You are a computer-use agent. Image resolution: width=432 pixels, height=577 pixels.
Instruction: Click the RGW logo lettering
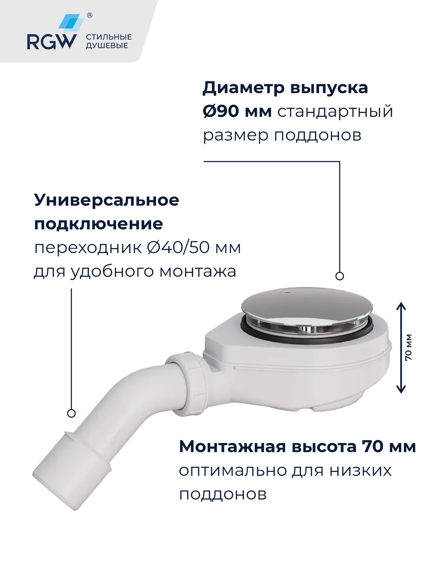coord(52,42)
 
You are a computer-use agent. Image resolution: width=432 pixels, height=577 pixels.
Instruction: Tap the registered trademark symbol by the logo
coord(90,16)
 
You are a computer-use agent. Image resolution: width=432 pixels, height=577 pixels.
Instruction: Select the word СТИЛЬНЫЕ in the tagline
coord(109,37)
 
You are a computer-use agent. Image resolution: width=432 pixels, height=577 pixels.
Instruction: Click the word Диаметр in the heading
coord(243,88)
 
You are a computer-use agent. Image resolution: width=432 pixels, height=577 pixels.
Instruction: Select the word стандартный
coord(335,111)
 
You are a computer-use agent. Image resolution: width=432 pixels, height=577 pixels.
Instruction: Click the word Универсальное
coord(107,200)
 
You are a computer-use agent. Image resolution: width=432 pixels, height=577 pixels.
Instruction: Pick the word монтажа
coord(198,271)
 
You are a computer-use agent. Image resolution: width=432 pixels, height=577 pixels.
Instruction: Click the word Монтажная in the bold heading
coord(232,447)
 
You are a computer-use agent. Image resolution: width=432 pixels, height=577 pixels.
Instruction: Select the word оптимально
coord(233,471)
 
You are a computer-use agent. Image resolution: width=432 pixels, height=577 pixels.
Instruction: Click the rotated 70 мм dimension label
coord(409,347)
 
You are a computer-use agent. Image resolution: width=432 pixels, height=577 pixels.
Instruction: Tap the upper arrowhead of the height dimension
coord(401,306)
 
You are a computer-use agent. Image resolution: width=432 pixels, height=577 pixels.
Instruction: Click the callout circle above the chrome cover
coord(340,276)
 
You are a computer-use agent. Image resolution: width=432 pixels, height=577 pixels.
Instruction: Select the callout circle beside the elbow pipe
coord(71,413)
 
